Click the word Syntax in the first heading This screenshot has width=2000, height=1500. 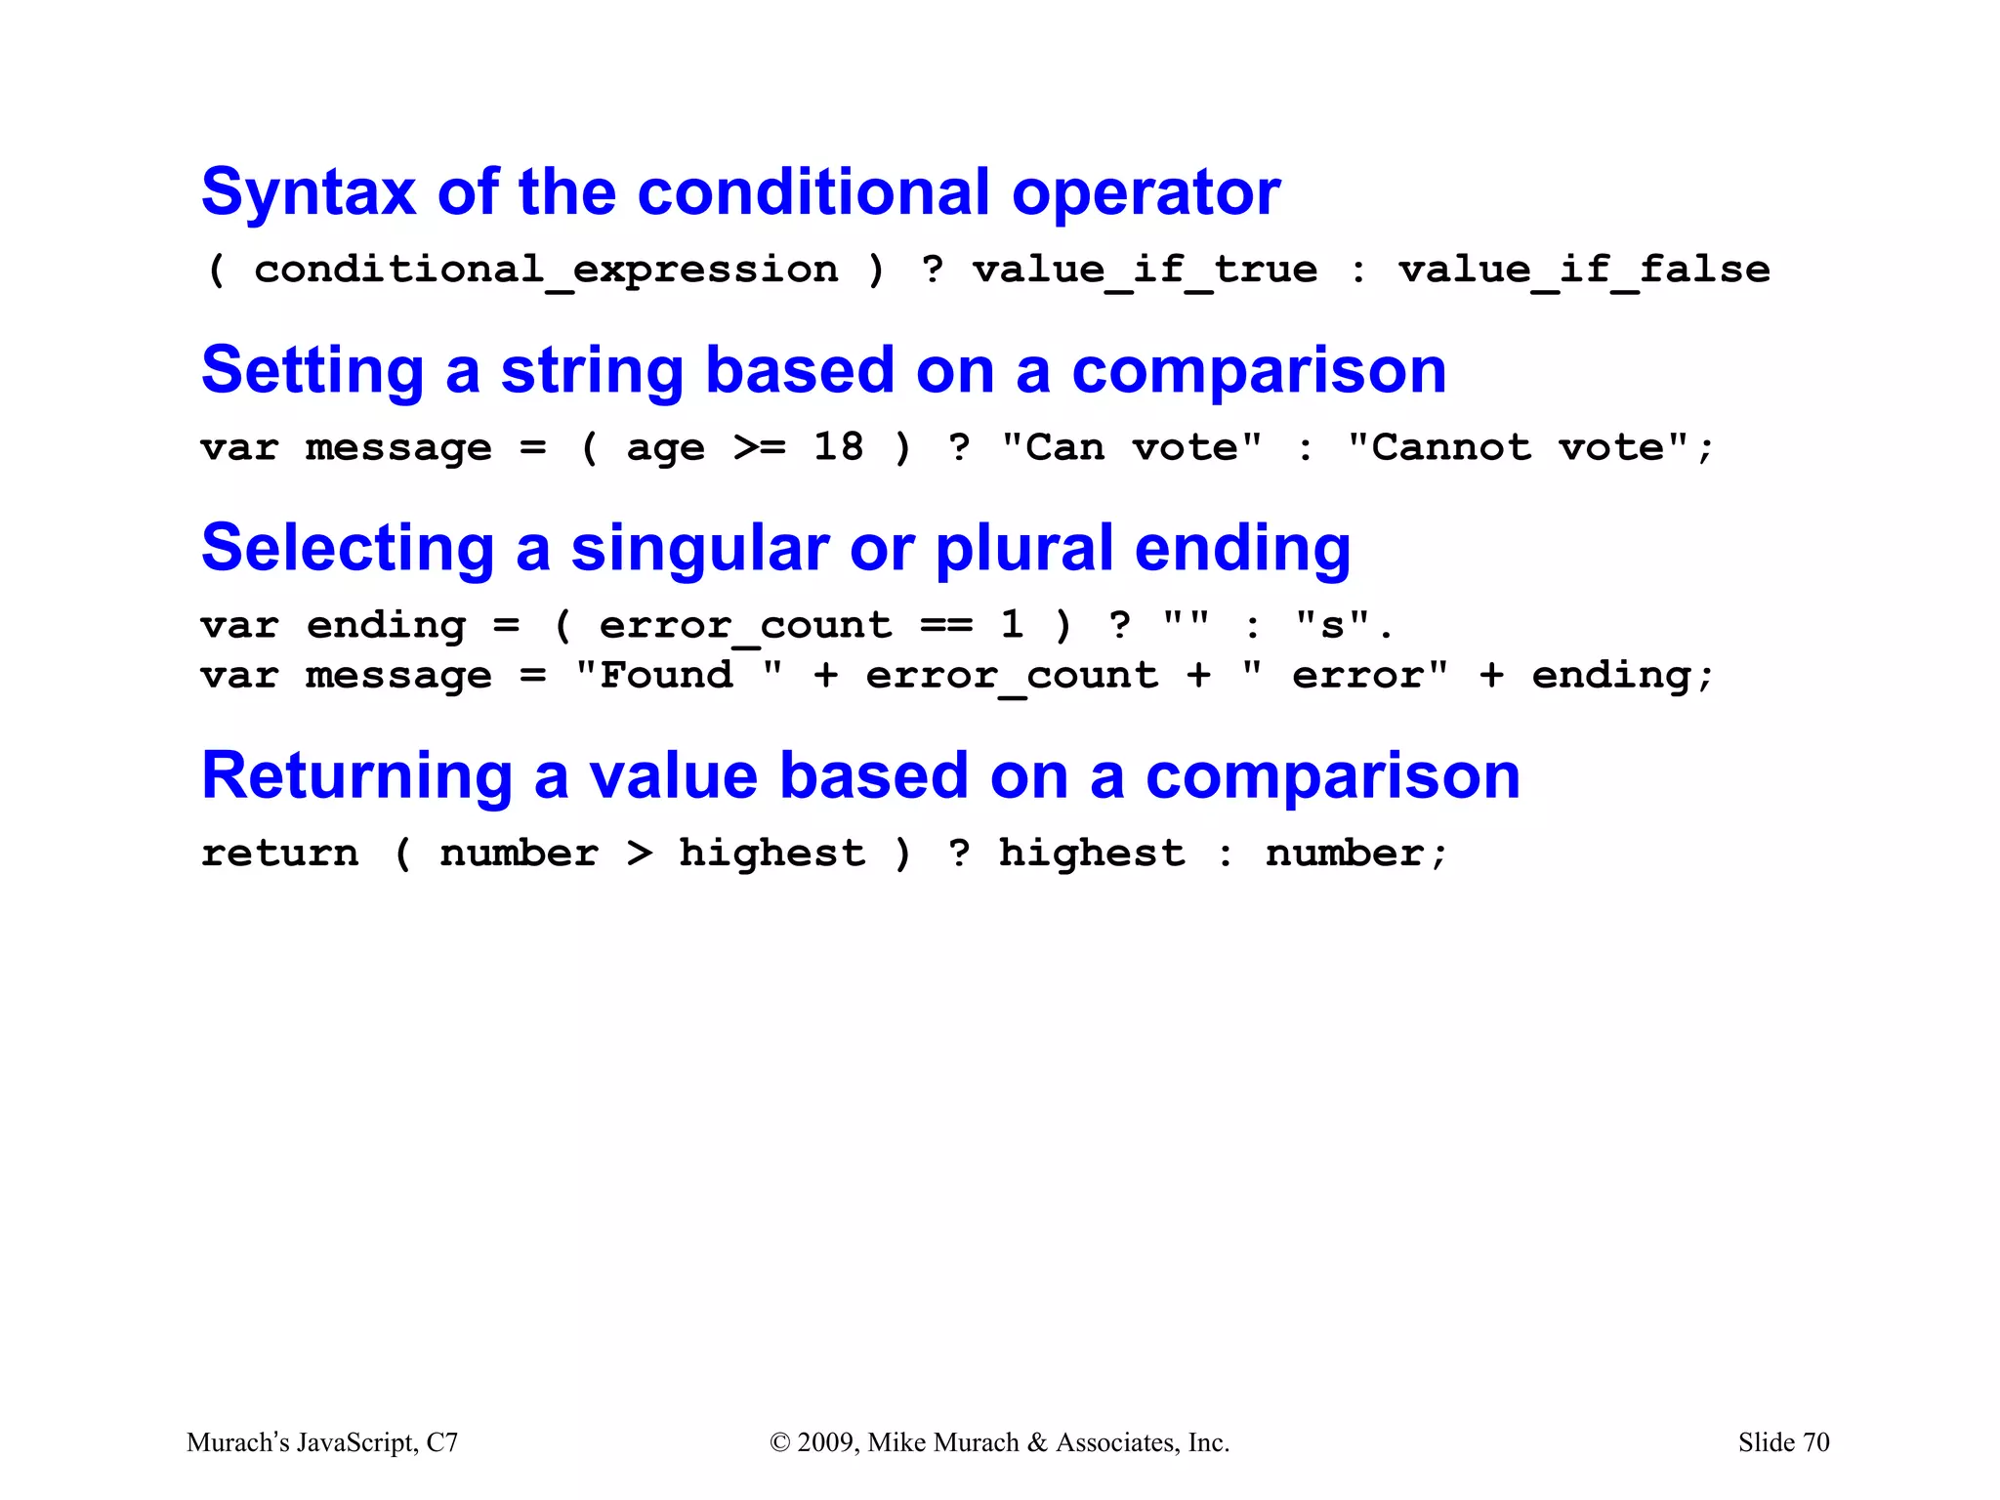(308, 192)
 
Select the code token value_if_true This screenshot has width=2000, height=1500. (1145, 270)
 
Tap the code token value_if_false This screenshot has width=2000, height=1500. (1583, 270)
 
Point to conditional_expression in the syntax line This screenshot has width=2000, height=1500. (546, 270)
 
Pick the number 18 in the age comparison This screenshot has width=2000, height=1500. (838, 447)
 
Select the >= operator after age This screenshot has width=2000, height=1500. (759, 448)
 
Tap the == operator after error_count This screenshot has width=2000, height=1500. (945, 626)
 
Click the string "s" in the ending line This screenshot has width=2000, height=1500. (1333, 625)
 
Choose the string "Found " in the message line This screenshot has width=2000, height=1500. (679, 675)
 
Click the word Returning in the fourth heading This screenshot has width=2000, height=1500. (356, 776)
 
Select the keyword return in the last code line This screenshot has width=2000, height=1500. (280, 854)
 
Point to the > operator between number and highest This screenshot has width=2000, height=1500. (639, 854)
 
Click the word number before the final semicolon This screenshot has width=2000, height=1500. (1344, 854)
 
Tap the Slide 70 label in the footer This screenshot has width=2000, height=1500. (1783, 1442)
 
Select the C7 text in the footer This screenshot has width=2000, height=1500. (442, 1442)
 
